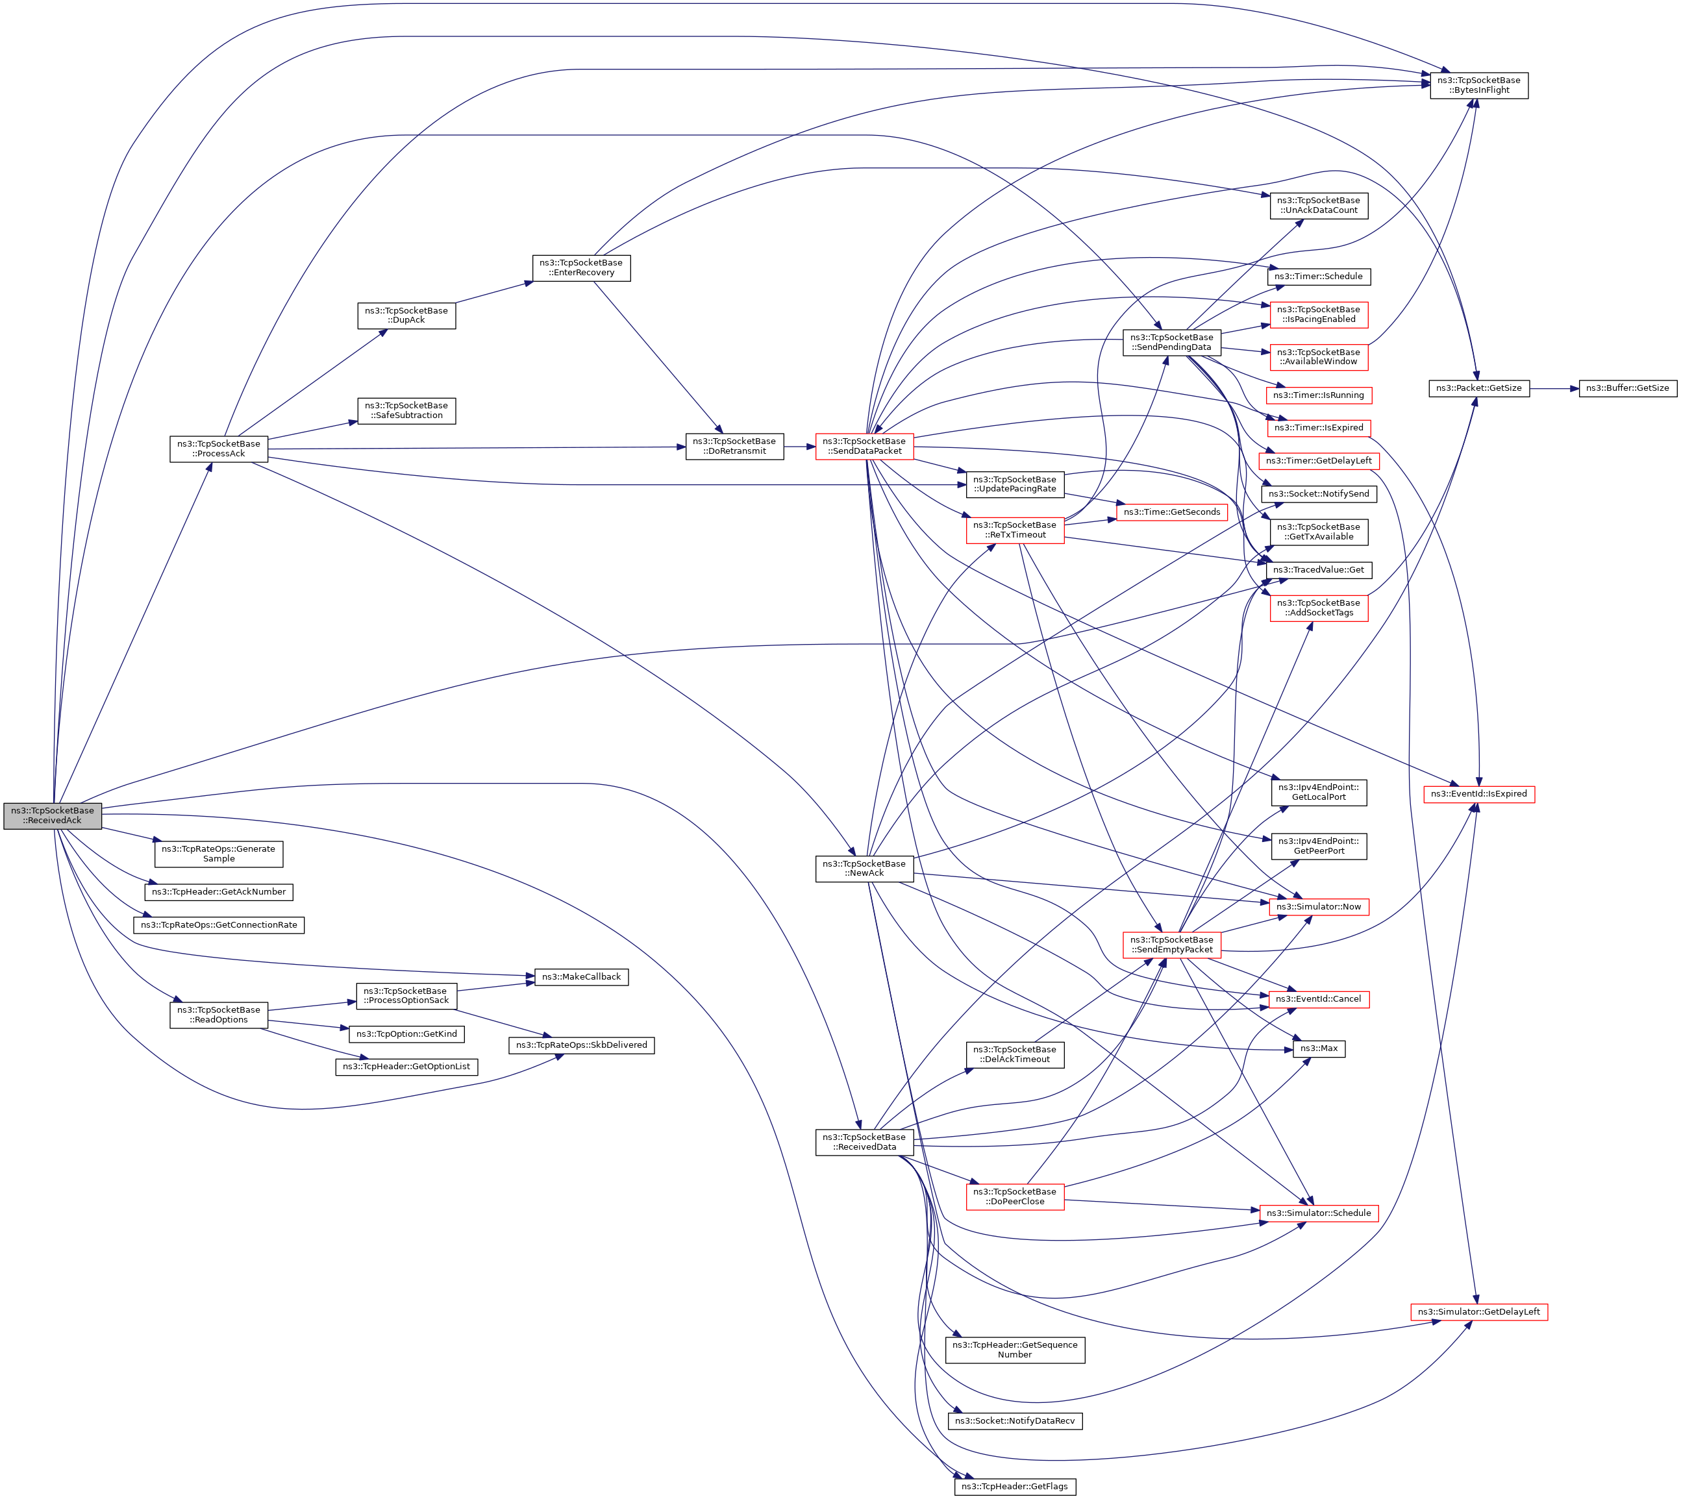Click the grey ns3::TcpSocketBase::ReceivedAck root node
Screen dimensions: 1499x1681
coord(52,815)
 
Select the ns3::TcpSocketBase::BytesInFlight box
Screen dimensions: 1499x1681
coord(1478,86)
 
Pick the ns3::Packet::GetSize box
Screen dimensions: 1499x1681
coord(1478,388)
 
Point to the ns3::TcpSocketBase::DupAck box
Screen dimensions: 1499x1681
coord(406,316)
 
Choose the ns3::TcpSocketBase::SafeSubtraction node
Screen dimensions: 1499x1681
coord(406,410)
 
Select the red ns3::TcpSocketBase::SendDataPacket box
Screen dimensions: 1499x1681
coord(864,447)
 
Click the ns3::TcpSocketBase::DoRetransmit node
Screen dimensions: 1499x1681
coord(734,447)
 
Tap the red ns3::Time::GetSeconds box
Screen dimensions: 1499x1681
coord(1171,512)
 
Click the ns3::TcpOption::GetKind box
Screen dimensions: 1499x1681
coord(406,1034)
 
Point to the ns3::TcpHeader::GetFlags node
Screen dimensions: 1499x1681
coord(1015,1487)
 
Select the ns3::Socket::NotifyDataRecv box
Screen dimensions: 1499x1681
coord(1015,1420)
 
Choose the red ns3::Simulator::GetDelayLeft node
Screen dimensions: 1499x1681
coord(1478,1312)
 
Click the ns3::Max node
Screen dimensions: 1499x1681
coord(1318,1048)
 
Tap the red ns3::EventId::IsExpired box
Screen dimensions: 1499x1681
coord(1478,794)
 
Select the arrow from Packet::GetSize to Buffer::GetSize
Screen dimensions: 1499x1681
coord(1554,388)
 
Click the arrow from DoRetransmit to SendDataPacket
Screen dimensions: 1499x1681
coord(799,447)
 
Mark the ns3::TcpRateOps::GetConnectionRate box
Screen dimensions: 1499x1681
coord(218,925)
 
